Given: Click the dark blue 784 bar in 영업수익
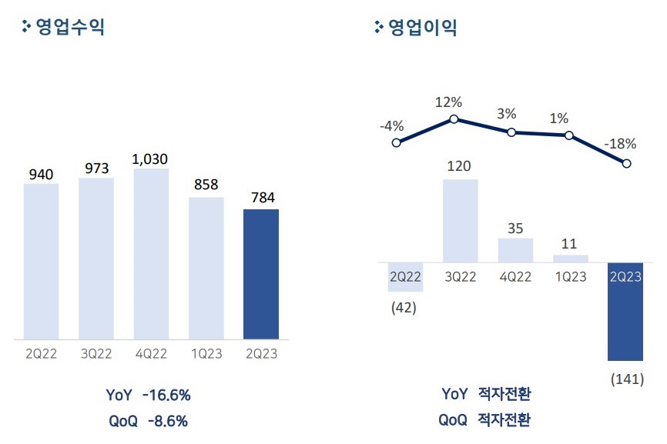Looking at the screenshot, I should (260, 273).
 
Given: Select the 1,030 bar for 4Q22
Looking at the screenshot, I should (151, 253).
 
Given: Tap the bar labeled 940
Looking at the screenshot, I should (42, 261).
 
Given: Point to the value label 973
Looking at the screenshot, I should (96, 168).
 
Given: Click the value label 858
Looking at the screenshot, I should (206, 185).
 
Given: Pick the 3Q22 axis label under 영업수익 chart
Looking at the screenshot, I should (96, 354).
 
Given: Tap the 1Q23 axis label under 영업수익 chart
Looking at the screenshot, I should (206, 354).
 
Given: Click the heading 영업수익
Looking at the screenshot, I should (70, 28).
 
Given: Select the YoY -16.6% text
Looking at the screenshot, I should (148, 396).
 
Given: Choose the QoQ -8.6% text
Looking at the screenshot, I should (148, 421).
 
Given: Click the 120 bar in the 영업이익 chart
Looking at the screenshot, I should (460, 221).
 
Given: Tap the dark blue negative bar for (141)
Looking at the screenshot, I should (625, 312).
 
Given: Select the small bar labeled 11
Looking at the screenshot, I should (570, 259).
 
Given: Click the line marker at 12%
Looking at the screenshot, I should (454, 119).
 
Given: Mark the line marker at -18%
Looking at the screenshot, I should (626, 163).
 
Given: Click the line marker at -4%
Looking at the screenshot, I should (397, 142).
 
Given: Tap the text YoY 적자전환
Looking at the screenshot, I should (486, 394).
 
